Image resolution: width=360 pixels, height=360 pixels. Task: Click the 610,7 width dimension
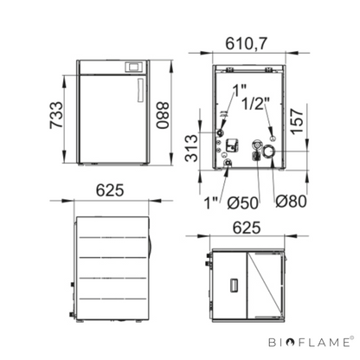coord(246,44)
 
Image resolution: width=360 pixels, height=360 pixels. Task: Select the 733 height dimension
coord(56,115)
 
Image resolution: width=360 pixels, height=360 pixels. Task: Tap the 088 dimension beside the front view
coord(163,115)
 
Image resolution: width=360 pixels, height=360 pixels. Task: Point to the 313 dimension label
coord(192,148)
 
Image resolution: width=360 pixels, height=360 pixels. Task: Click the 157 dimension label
coord(297,121)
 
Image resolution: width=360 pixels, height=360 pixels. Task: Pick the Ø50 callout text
coord(242,202)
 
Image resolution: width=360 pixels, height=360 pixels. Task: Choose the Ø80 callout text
coord(291,201)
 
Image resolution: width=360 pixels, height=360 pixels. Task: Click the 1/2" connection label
coord(255,104)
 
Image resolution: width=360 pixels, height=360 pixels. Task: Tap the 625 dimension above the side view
coord(110,190)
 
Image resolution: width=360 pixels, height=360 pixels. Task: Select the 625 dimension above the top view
coord(247,228)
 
